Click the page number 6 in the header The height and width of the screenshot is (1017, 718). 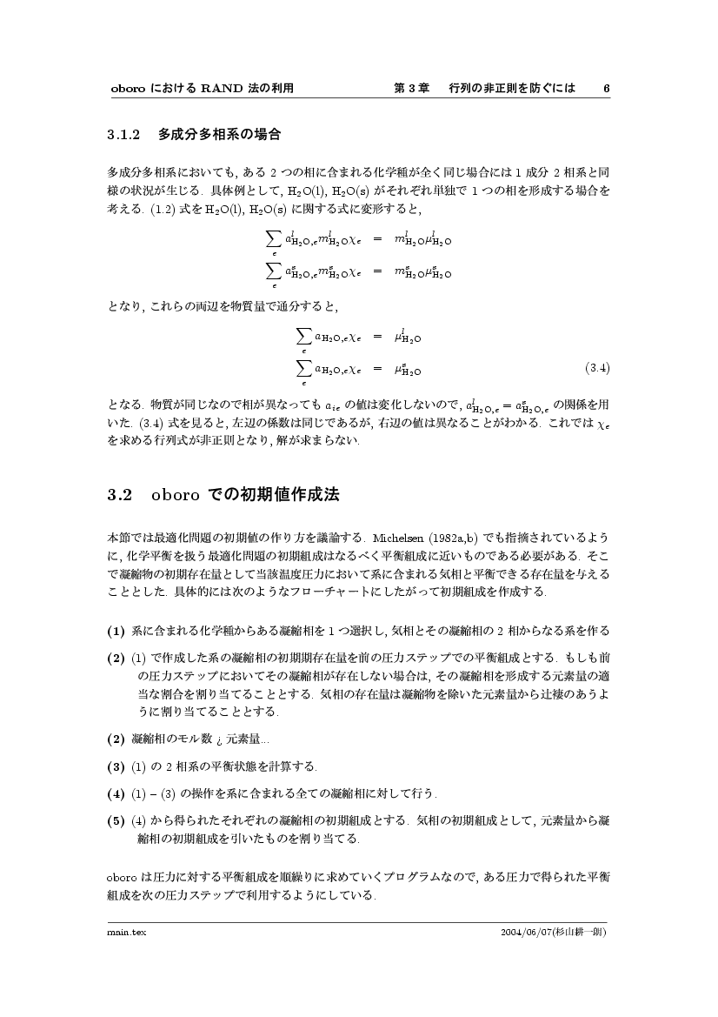pos(606,89)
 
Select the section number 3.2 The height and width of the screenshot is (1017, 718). pos(119,495)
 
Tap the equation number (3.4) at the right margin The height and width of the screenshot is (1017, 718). pos(596,367)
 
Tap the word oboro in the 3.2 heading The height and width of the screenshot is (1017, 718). pos(176,495)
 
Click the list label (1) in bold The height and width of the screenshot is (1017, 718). pos(116,630)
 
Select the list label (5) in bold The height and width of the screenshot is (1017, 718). pos(116,820)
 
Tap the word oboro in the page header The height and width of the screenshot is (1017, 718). pos(128,89)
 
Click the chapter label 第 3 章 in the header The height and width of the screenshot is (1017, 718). pos(412,89)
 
